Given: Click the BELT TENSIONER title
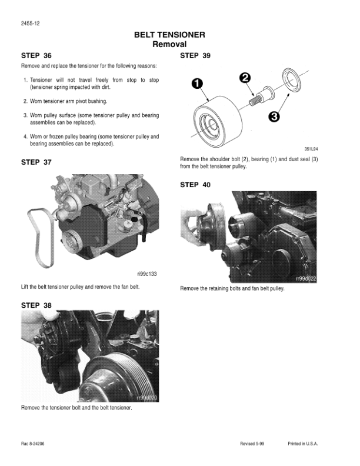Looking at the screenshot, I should tap(169, 35).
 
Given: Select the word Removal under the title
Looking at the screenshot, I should tap(169, 44).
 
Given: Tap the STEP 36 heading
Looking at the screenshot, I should tap(36, 56).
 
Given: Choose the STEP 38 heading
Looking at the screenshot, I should tap(36, 305).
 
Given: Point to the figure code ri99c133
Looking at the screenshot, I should tap(147, 274).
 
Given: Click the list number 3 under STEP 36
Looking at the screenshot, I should tap(25, 115).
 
